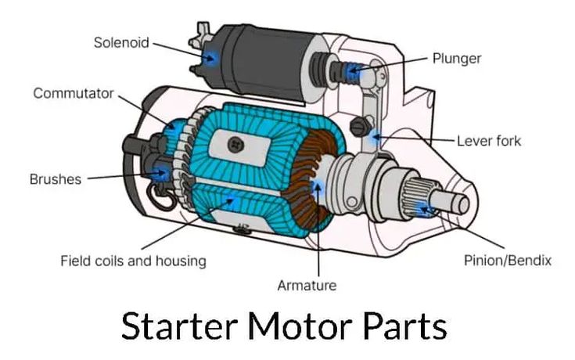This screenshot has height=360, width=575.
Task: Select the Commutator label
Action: click(74, 94)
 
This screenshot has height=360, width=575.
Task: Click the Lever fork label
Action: click(488, 142)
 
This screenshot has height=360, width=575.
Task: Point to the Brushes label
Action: click(56, 179)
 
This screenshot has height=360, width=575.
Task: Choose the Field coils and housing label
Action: click(133, 261)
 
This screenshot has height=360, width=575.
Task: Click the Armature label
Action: click(307, 286)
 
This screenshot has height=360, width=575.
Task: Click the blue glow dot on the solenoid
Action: click(209, 57)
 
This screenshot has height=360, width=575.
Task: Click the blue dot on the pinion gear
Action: click(423, 208)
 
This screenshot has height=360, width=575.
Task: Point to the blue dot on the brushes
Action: click(163, 172)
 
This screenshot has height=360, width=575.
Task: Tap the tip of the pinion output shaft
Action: click(463, 204)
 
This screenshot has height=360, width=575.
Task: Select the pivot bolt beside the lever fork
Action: click(361, 125)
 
